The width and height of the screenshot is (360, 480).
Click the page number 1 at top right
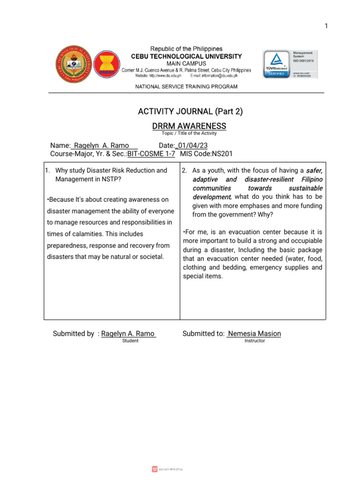[326, 26]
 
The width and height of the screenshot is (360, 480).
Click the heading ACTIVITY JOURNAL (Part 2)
[190, 111]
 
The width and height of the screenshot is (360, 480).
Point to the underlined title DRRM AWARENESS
[189, 126]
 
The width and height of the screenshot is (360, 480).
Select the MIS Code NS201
[222, 153]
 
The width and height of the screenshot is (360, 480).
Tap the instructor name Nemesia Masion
[254, 334]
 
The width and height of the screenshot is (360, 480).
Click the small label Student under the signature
[130, 341]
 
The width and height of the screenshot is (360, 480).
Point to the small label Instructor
[255, 341]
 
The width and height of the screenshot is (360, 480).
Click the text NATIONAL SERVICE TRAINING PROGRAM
[186, 87]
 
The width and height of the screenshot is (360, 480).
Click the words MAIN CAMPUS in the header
[186, 63]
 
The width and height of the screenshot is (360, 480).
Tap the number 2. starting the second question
[185, 171]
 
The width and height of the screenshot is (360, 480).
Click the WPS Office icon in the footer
[155, 469]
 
